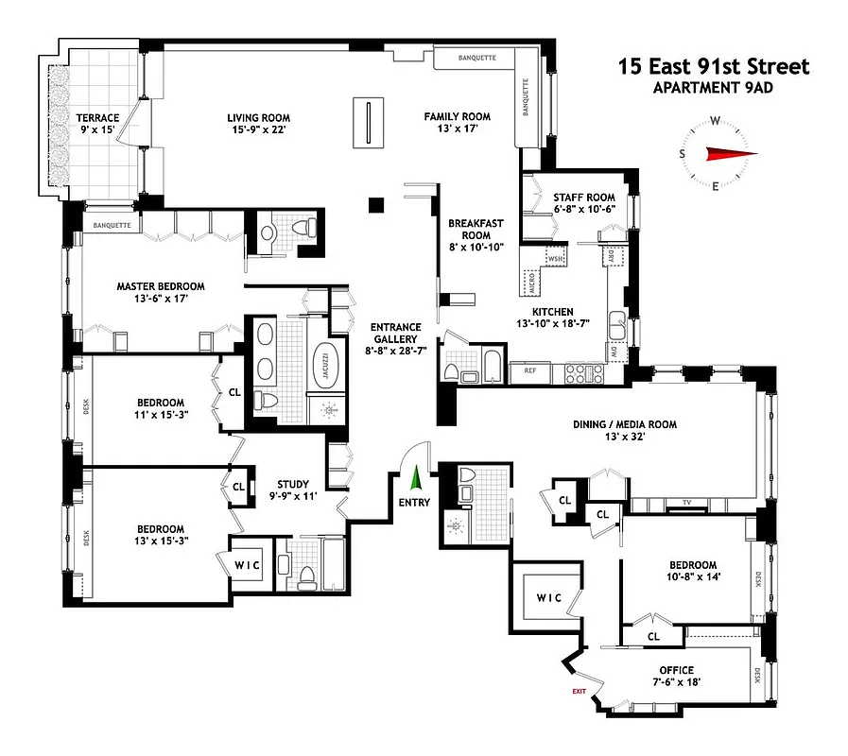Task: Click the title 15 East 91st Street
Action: click(714, 67)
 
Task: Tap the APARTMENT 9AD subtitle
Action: click(714, 89)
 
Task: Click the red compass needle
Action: click(731, 154)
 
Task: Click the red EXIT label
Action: click(579, 692)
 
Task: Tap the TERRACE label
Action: click(98, 118)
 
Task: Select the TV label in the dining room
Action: click(688, 503)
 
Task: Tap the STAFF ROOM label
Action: click(583, 198)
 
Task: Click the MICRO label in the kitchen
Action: click(532, 283)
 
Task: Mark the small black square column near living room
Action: click(376, 203)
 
